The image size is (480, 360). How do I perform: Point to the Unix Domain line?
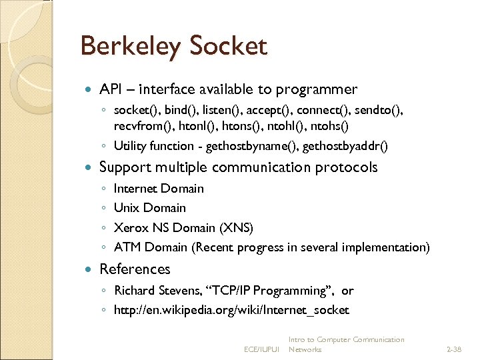[x=149, y=208]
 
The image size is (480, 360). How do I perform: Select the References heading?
[x=135, y=269]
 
